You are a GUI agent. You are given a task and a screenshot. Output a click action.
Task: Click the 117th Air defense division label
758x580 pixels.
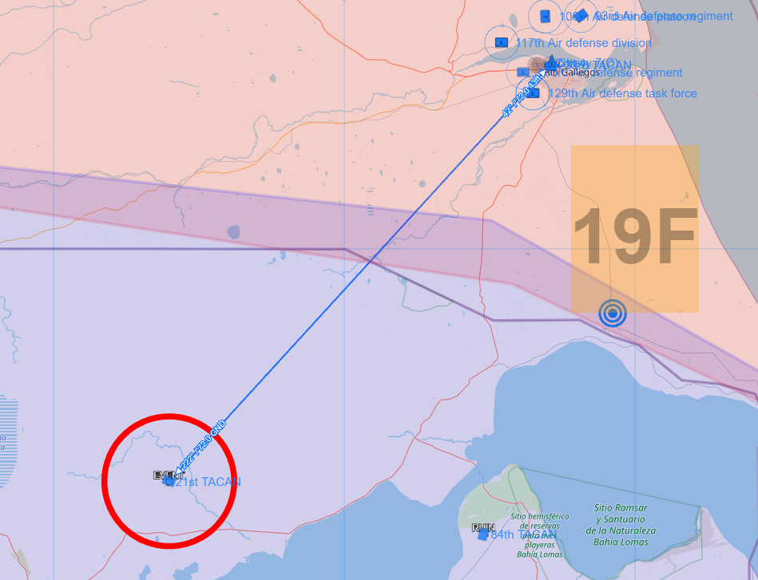[x=583, y=43]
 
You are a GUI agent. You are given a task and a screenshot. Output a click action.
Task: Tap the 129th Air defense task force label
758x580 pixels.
[x=622, y=93]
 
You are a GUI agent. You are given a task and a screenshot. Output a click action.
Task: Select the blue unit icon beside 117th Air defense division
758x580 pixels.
[x=502, y=42]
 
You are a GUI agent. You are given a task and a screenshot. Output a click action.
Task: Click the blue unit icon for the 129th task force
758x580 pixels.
[x=534, y=93]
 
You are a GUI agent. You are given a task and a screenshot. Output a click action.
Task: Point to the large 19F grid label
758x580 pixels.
[x=635, y=237]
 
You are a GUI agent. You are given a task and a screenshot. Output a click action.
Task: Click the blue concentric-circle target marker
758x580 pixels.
[x=612, y=314]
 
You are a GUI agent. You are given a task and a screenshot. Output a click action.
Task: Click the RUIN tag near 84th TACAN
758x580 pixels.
[x=483, y=527]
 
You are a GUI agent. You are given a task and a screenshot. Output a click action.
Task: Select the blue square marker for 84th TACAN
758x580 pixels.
[x=483, y=535]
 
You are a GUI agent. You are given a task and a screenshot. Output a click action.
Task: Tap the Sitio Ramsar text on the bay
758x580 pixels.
[x=621, y=507]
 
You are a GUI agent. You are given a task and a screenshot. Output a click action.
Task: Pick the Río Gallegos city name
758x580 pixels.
[x=572, y=73]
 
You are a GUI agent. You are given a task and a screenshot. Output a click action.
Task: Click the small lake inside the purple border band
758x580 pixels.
[x=233, y=232]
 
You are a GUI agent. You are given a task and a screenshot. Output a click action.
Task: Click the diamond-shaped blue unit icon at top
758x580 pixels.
[x=581, y=16]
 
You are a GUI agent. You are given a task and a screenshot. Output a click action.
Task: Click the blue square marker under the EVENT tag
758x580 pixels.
[x=169, y=482]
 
